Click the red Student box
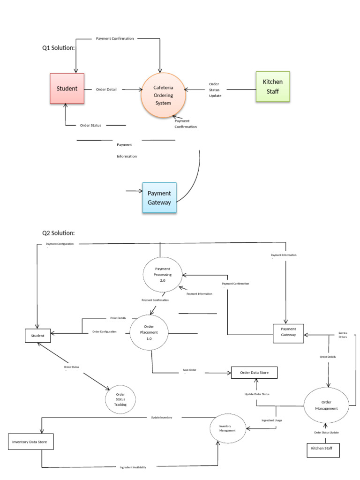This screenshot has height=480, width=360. click(67, 88)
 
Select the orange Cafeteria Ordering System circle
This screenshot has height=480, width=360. click(163, 95)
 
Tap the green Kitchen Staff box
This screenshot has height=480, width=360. click(272, 86)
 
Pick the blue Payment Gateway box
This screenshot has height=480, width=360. click(159, 198)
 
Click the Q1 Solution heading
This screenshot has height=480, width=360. click(59, 47)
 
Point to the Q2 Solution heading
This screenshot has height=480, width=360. click(59, 232)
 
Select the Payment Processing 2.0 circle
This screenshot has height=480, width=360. click(163, 274)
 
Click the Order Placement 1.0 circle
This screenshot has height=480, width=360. click(149, 332)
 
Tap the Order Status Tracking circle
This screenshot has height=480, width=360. click(120, 399)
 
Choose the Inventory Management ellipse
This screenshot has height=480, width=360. click(227, 427)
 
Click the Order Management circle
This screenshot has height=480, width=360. click(326, 405)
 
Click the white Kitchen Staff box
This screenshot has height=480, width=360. click(323, 449)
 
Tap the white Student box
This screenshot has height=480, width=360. click(37, 336)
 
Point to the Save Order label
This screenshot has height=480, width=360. click(189, 370)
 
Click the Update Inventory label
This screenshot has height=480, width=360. click(161, 417)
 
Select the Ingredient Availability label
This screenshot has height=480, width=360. click(133, 467)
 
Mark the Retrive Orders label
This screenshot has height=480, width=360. click(343, 335)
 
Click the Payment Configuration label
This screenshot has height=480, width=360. click(60, 244)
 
